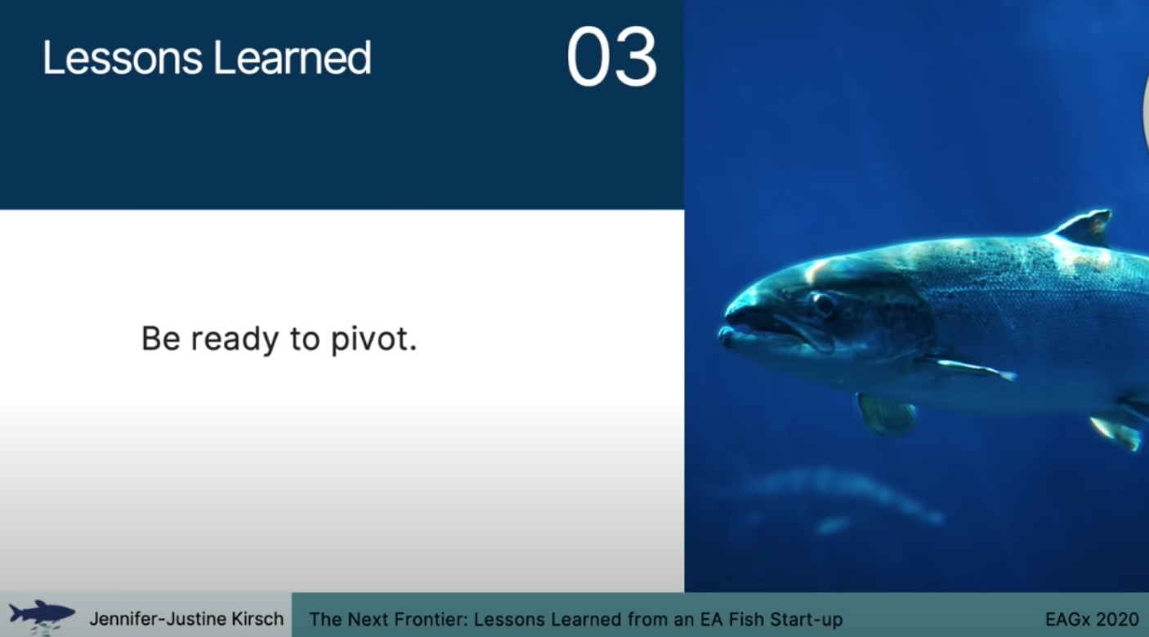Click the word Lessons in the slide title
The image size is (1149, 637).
point(122,58)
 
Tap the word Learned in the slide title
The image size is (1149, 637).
point(292,58)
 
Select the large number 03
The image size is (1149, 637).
point(611,57)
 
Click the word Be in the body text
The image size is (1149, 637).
point(160,338)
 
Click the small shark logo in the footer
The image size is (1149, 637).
point(42,615)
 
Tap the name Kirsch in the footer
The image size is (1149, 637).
point(257,619)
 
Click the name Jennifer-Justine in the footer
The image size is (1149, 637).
point(158,619)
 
